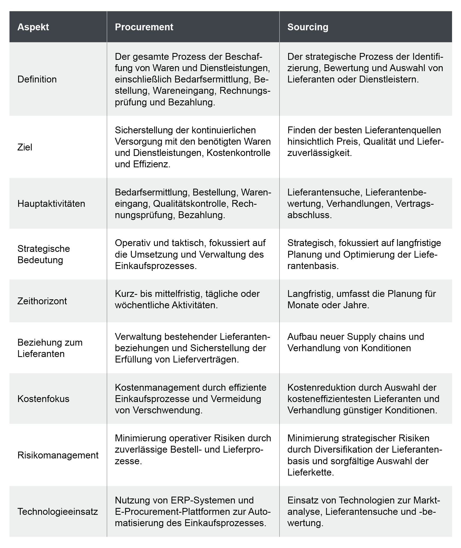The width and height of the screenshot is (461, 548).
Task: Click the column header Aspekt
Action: [x=33, y=27]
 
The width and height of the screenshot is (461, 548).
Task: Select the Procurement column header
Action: [x=144, y=27]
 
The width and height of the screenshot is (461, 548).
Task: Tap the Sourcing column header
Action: [x=308, y=27]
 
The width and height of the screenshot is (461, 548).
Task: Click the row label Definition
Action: [x=37, y=79]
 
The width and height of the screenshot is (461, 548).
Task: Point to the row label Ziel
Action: [x=25, y=147]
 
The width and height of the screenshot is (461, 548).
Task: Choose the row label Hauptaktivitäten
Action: [x=51, y=203]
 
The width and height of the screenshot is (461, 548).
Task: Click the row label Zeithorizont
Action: [x=42, y=301]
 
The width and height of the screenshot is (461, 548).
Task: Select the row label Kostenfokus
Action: [x=43, y=399]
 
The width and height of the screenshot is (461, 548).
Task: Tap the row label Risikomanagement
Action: [x=58, y=455]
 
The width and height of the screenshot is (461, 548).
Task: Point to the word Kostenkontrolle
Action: [x=238, y=153]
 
